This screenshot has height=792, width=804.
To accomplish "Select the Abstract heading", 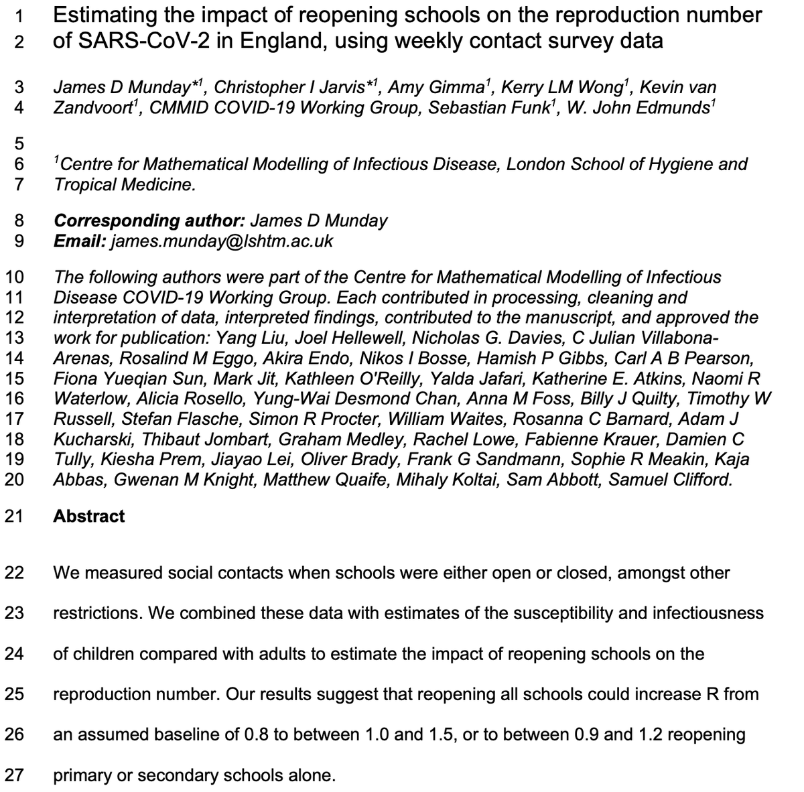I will (88, 516).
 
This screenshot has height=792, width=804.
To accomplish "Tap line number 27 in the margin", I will (14, 776).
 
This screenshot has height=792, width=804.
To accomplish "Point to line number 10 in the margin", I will (14, 277).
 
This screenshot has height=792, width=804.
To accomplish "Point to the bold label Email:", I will (78, 241).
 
